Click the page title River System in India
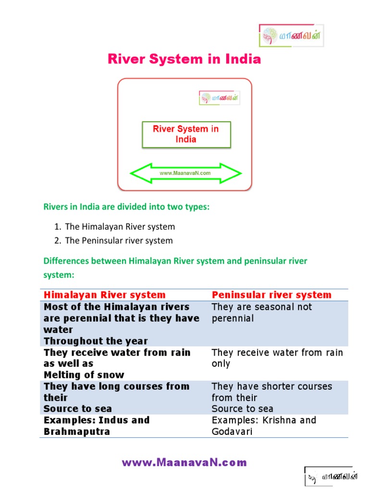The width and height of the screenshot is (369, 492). [184, 59]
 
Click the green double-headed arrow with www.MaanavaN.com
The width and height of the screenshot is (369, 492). [185, 173]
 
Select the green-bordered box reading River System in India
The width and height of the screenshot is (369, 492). [186, 134]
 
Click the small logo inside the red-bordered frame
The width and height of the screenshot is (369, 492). [220, 98]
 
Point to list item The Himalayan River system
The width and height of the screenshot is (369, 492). [120, 226]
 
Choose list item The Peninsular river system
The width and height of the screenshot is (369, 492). [119, 240]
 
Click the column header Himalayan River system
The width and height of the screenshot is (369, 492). [105, 295]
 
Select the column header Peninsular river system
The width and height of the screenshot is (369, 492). [271, 295]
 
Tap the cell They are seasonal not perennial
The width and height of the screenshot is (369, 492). [262, 312]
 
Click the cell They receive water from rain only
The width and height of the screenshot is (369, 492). [277, 358]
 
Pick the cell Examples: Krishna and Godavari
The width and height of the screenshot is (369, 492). [264, 426]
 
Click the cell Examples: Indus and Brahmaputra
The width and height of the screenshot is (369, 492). [97, 426]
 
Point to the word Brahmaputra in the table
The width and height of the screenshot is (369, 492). [77, 431]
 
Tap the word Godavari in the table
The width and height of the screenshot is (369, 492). [232, 431]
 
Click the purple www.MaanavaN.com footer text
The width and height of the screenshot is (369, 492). [184, 463]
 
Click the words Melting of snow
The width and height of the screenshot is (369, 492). [84, 375]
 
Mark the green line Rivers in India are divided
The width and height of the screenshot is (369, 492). [127, 207]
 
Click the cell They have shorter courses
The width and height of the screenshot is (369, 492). [271, 397]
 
